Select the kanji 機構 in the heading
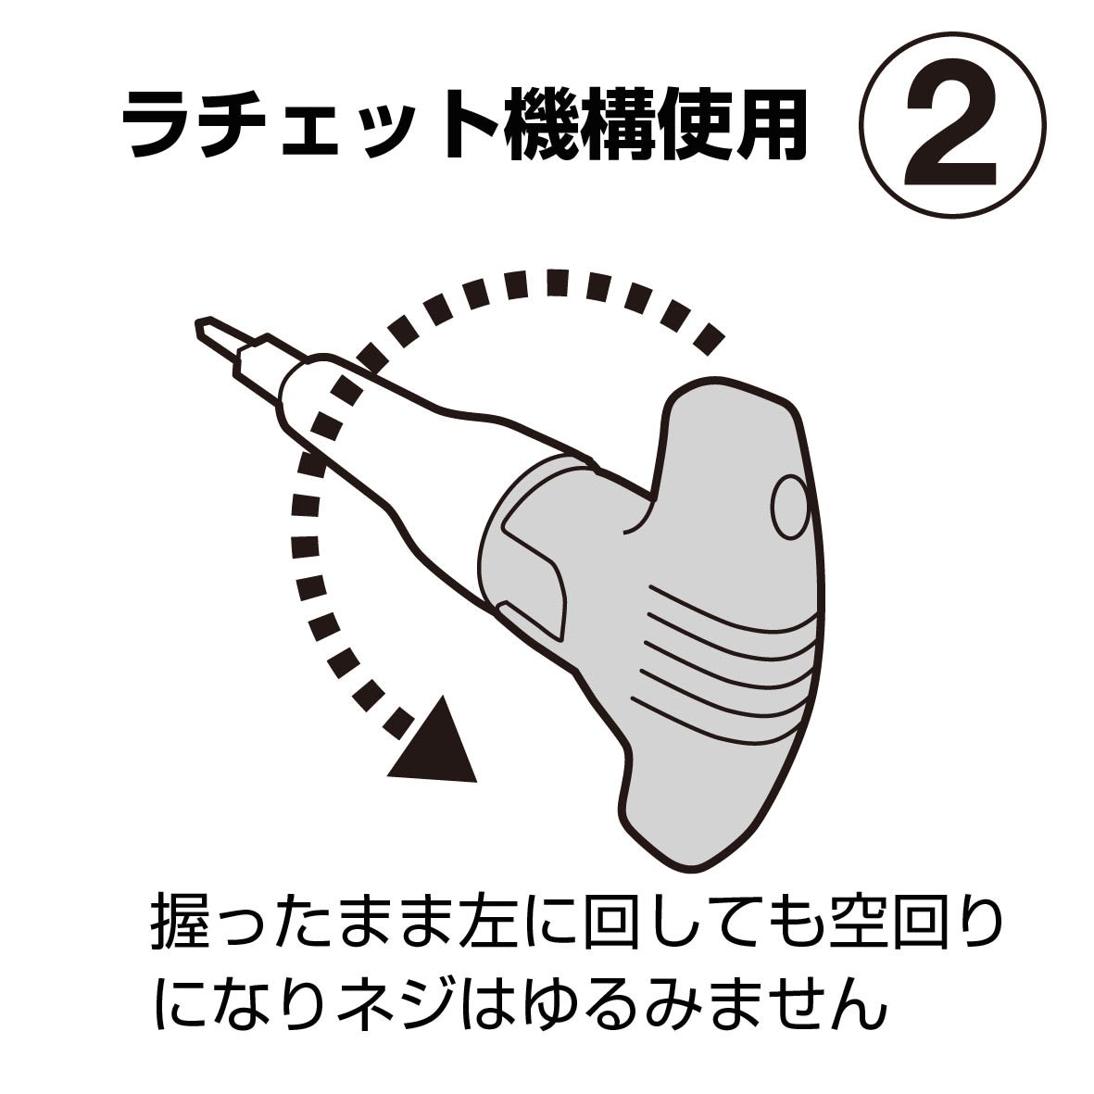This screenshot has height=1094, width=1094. coord(578,126)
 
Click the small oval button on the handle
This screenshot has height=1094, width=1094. coord(790,508)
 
